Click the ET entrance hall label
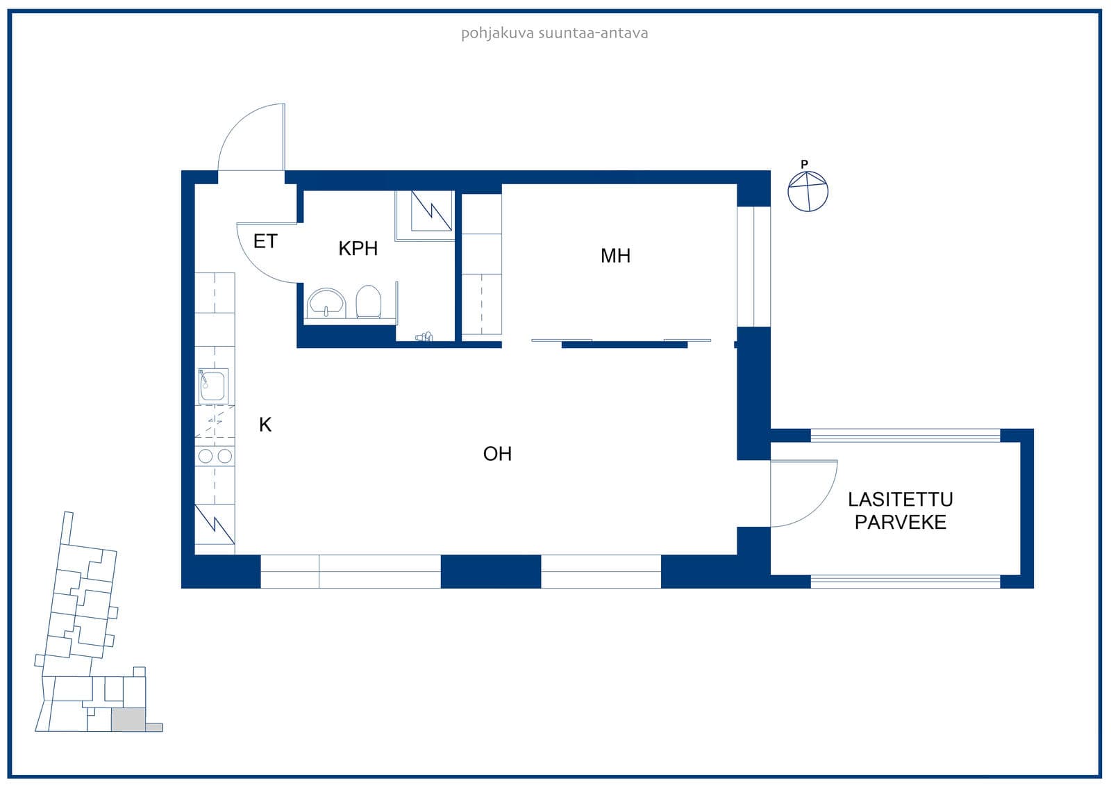(265, 241)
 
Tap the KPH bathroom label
(358, 248)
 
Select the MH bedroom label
(615, 256)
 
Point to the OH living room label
(497, 454)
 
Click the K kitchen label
(265, 425)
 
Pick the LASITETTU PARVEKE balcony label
(900, 511)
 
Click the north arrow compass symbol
(808, 192)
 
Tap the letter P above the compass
(805, 164)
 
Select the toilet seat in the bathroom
(369, 302)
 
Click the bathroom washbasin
(326, 303)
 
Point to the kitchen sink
(213, 386)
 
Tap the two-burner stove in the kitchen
(215, 456)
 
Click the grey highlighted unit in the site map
(128, 720)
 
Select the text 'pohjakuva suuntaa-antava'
(555, 33)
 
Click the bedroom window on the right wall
(753, 267)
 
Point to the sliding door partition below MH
(621, 343)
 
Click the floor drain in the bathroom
(424, 337)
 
